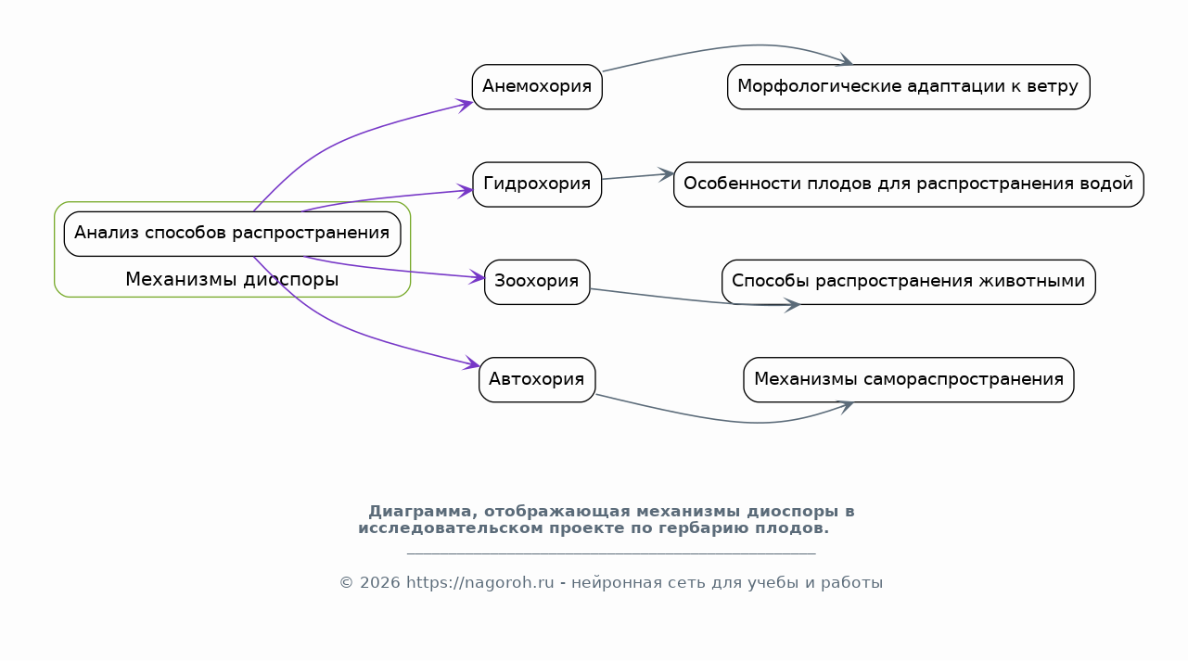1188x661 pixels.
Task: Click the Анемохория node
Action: click(x=537, y=87)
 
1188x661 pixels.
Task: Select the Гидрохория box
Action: click(x=537, y=184)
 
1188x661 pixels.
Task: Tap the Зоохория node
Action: click(x=537, y=282)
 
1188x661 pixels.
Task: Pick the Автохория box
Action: click(x=537, y=379)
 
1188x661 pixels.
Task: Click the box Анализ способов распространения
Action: click(x=232, y=234)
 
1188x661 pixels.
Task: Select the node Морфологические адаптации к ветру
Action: click(x=909, y=87)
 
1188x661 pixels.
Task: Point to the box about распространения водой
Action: click(x=909, y=184)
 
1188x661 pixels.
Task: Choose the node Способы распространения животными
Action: click(x=909, y=282)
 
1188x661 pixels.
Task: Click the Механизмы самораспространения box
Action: click(x=909, y=379)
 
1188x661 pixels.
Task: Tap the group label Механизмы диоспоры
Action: click(x=232, y=279)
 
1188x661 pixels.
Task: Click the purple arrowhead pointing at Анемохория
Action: click(x=466, y=105)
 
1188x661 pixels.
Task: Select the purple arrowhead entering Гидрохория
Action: click(x=466, y=190)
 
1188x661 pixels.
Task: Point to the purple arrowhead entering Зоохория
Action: click(x=478, y=276)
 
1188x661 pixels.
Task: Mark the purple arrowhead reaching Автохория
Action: click(x=472, y=362)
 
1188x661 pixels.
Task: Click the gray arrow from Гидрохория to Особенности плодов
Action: click(x=638, y=176)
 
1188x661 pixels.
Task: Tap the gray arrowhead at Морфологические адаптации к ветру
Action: click(x=844, y=60)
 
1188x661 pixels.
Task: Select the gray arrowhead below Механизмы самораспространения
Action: click(x=845, y=407)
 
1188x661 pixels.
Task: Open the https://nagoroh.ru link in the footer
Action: click(x=480, y=583)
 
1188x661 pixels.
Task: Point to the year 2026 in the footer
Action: click(x=379, y=583)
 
